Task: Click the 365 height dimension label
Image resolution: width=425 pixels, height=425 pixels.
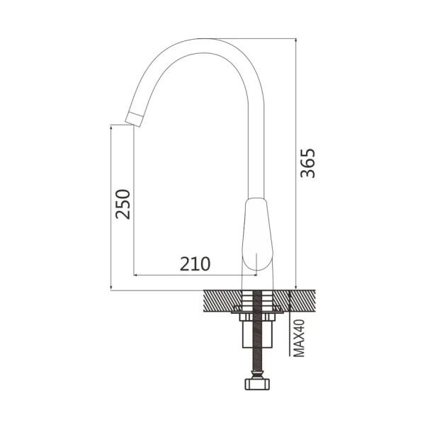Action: tap(308, 163)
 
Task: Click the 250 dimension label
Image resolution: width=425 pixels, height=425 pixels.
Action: tap(123, 205)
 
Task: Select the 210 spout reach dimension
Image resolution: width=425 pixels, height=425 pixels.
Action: tap(195, 264)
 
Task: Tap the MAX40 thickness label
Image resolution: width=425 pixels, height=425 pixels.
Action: tap(299, 339)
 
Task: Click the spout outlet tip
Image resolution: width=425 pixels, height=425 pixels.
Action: tap(134, 119)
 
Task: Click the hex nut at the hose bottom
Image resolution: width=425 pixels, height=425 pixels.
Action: tap(258, 384)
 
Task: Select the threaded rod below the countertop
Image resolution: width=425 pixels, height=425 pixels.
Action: tap(257, 331)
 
